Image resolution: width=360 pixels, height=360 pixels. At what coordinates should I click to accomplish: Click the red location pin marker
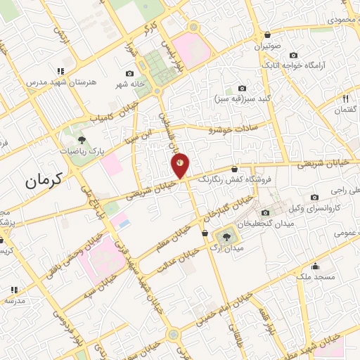tap(180, 164)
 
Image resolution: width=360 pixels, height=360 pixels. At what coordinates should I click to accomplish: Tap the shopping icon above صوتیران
tap(268, 35)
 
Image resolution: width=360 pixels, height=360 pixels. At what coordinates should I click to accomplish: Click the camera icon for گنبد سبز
tap(242, 89)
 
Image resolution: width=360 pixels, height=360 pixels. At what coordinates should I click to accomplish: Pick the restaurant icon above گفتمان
tap(345, 98)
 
